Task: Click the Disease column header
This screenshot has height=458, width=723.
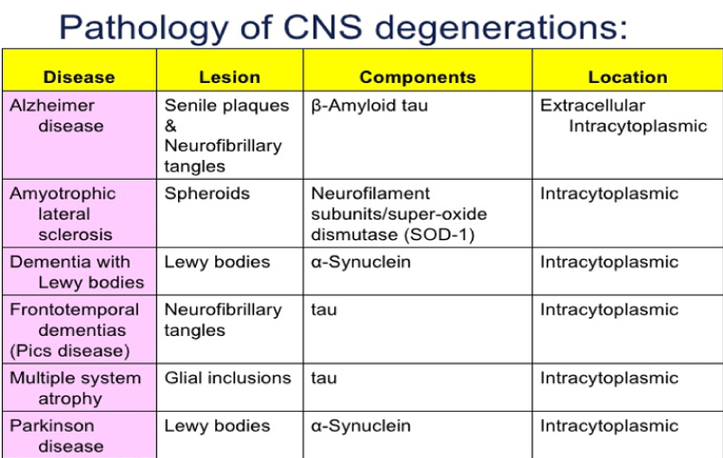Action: (79, 77)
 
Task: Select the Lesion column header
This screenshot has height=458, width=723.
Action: (230, 77)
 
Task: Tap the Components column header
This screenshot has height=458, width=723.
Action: (418, 77)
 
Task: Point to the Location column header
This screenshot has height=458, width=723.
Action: (627, 77)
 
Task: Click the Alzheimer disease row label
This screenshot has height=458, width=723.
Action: (56, 116)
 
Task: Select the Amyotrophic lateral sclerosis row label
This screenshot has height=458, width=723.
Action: (62, 214)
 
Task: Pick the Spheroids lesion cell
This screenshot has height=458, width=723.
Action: (207, 194)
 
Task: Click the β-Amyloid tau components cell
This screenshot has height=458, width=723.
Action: (370, 106)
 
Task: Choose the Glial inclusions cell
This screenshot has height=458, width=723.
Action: (228, 378)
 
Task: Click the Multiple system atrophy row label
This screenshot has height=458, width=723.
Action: (75, 388)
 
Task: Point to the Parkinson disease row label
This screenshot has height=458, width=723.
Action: (56, 436)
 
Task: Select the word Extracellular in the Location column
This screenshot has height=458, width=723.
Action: (593, 106)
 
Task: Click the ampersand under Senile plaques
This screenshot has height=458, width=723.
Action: (171, 126)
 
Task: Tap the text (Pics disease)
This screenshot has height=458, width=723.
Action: (70, 351)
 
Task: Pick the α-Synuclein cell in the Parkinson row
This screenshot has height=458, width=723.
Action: (361, 425)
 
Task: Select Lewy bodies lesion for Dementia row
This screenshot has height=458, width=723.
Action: (217, 262)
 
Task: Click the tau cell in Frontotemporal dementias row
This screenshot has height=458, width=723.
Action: (324, 310)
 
